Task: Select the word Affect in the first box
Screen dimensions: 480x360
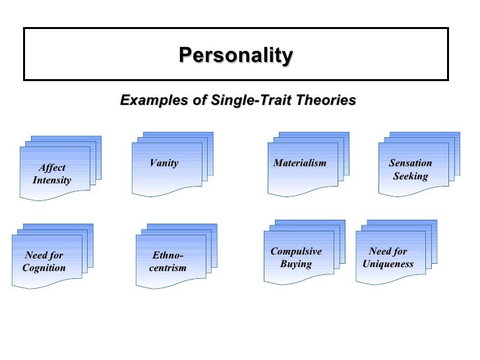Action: click(x=52, y=167)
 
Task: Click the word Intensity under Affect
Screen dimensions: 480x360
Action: click(x=51, y=180)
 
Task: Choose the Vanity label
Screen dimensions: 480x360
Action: click(x=164, y=163)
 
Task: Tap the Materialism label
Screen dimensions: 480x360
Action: click(x=299, y=163)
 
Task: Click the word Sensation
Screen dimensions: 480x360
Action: click(x=410, y=163)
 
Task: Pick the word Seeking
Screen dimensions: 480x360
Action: click(x=410, y=176)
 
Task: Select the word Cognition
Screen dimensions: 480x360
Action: click(x=44, y=268)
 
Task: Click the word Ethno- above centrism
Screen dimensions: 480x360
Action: click(x=167, y=255)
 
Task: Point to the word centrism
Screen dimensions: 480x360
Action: click(x=167, y=268)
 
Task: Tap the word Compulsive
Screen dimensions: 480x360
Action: click(x=296, y=251)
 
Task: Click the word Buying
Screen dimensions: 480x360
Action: click(x=295, y=264)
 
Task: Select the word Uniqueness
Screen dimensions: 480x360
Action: click(x=388, y=264)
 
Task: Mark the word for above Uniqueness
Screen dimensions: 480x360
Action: click(x=400, y=251)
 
